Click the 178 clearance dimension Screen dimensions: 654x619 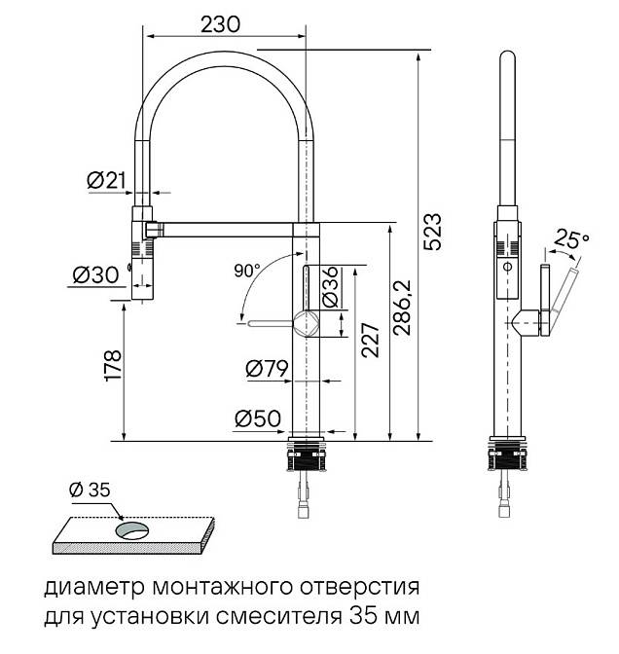point(112,366)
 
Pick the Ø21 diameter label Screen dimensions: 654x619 point(106,180)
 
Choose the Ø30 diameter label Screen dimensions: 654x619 point(93,275)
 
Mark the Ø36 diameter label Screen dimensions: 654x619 point(330,287)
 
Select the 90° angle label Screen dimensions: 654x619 point(247,269)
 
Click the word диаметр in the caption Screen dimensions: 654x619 point(84,589)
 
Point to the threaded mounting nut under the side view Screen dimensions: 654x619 point(507,455)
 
